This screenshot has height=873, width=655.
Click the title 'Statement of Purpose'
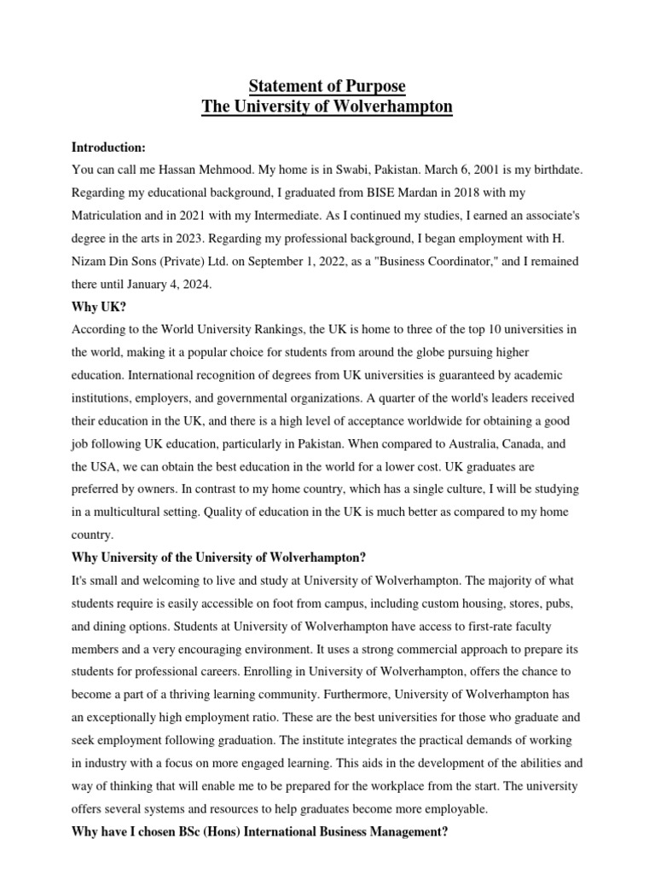[327, 86]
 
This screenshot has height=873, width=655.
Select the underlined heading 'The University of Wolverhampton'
[327, 107]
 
